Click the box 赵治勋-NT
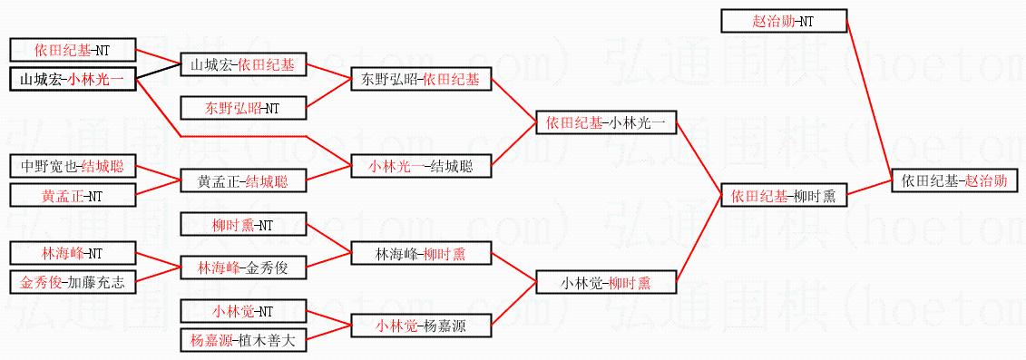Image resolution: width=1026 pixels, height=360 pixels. (784, 21)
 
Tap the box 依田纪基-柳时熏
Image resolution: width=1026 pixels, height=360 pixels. (784, 195)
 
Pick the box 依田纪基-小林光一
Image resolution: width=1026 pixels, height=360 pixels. (605, 122)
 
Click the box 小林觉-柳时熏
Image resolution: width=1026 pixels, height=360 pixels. (605, 283)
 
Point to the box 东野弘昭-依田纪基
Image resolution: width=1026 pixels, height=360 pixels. (422, 80)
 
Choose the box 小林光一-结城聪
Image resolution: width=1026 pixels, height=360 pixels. (422, 166)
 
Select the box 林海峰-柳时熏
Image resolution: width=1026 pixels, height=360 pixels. (422, 253)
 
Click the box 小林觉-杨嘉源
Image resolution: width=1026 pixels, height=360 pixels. (422, 326)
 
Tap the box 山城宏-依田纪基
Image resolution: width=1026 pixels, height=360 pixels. (243, 64)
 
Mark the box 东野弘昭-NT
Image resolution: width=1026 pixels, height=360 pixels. (243, 108)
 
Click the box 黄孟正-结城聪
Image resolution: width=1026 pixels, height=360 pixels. (243, 180)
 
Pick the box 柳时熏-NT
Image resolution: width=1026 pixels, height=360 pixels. (243, 225)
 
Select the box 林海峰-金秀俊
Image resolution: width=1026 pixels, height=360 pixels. (243, 268)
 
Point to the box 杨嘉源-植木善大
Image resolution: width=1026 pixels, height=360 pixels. (243, 340)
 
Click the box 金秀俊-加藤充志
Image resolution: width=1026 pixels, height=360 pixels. (73, 283)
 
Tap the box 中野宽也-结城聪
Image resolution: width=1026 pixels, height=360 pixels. (73, 166)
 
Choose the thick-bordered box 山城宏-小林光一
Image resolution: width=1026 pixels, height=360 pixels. (73, 80)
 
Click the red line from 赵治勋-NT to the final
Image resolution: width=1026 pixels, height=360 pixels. (870, 100)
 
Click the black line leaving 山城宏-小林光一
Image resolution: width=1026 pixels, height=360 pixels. (159, 72)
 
